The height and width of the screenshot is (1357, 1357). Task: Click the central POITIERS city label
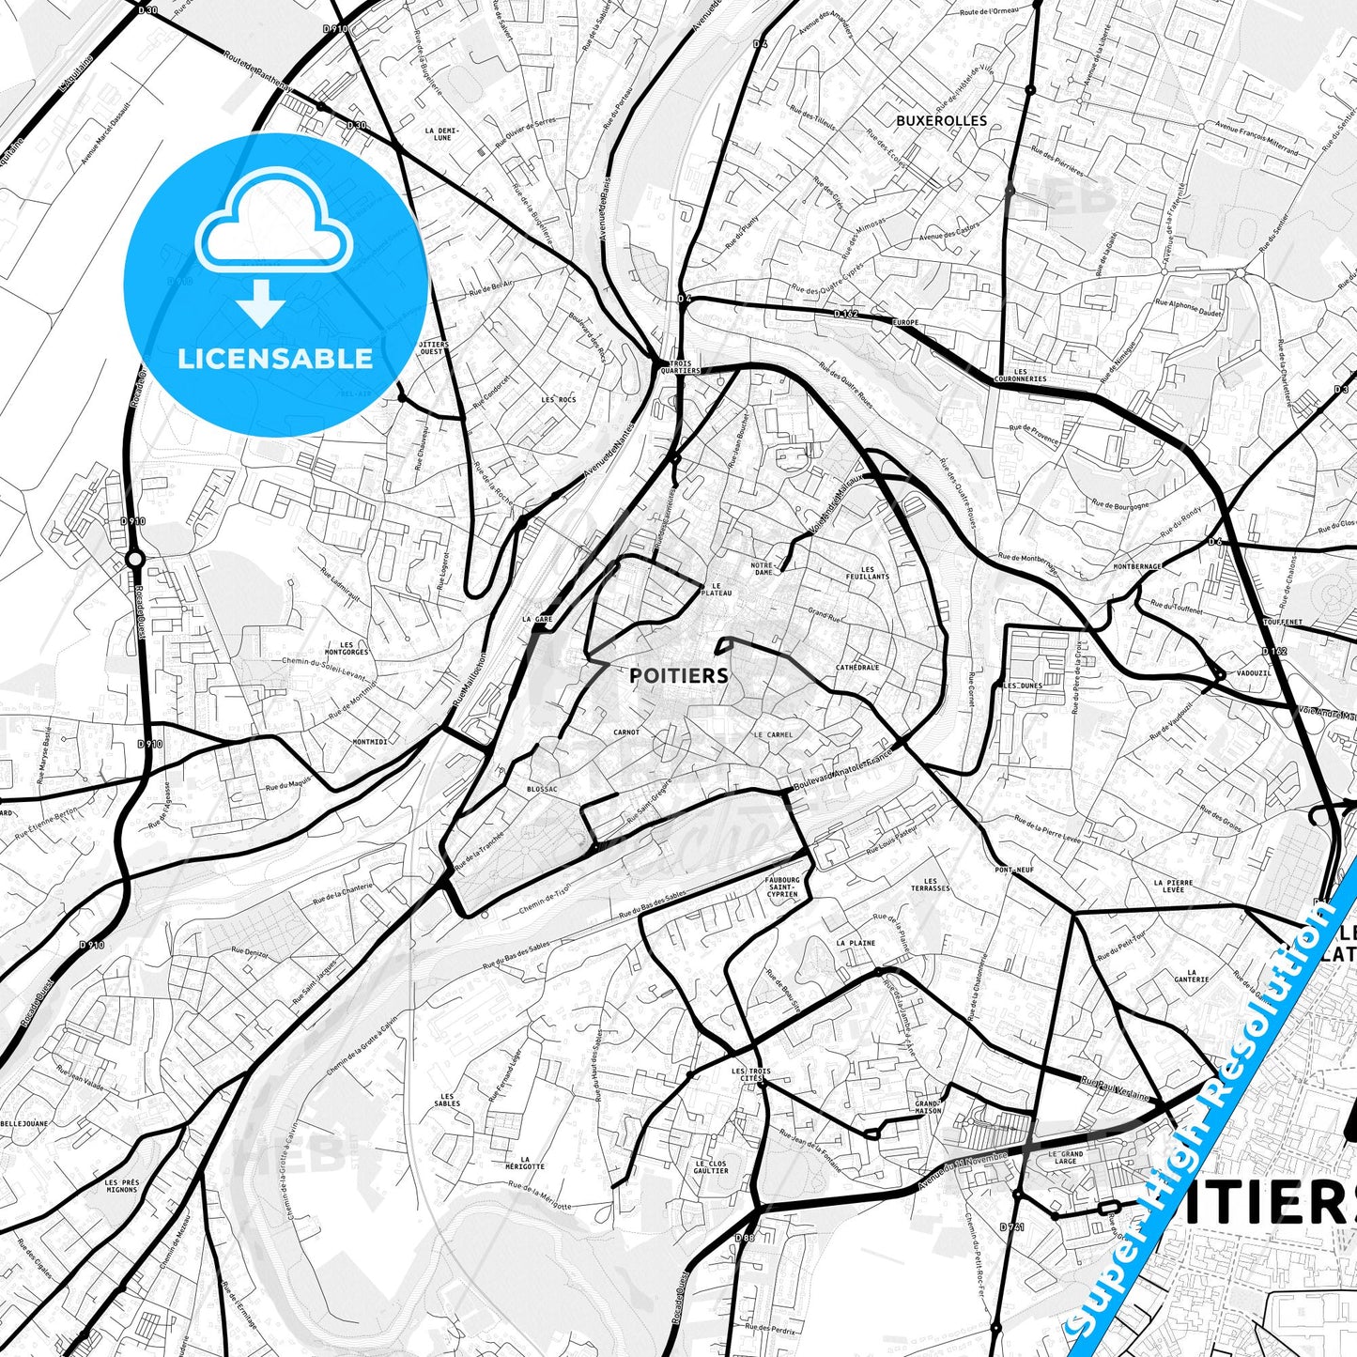678,675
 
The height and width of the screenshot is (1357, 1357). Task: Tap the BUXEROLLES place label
941,120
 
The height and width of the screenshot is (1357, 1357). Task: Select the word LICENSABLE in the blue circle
275,358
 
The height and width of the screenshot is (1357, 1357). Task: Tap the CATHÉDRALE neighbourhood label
857,668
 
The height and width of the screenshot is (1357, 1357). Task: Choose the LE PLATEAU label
716,589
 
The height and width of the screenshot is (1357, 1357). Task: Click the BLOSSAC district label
542,789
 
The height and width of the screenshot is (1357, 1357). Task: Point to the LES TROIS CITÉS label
750,1074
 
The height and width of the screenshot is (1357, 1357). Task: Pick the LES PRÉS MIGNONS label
122,1186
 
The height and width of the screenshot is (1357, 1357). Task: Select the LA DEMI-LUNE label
441,134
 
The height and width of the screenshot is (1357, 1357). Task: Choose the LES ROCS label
559,399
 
